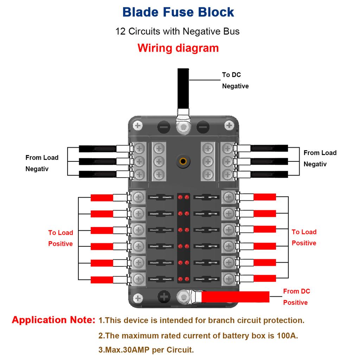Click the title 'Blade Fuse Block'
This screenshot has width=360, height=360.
coord(178,12)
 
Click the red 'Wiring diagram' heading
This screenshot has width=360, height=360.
coord(178,48)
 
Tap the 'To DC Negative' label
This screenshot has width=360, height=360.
coord(235,81)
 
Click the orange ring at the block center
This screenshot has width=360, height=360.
coord(182,162)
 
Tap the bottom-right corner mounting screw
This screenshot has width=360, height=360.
coord(229,298)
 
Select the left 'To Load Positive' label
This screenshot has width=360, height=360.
coord(60,238)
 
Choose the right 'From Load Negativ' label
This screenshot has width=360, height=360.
coord(320,158)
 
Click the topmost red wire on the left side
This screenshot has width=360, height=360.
coord(102,198)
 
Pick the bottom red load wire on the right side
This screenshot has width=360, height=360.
coord(265,278)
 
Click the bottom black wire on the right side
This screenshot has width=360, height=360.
coord(270,174)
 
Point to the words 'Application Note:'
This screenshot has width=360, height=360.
coord(53,320)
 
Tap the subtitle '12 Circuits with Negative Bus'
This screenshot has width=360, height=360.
coord(178,31)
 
